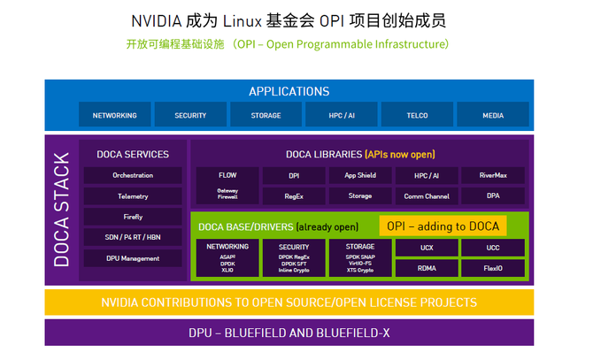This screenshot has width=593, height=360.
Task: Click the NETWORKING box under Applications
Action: pyautogui.click(x=114, y=115)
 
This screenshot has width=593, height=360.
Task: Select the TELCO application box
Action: pyautogui.click(x=417, y=115)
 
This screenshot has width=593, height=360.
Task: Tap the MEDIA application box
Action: pyautogui.click(x=493, y=115)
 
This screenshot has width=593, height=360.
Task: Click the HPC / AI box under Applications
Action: pyautogui.click(x=342, y=115)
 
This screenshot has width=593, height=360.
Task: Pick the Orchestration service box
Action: pyautogui.click(x=133, y=175)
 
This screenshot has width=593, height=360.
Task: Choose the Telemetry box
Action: pyautogui.click(x=133, y=196)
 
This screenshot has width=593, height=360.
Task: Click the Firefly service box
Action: pyautogui.click(x=133, y=217)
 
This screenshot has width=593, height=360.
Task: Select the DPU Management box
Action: pyautogui.click(x=133, y=258)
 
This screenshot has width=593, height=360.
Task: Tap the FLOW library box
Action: pyautogui.click(x=227, y=175)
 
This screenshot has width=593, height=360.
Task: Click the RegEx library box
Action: pyautogui.click(x=294, y=195)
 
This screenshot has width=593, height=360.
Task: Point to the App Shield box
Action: pyautogui.click(x=360, y=175)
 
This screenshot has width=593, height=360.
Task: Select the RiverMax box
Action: pyautogui.click(x=493, y=175)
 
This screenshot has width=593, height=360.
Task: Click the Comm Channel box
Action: pyautogui.click(x=427, y=195)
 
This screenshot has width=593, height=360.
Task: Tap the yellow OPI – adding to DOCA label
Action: pyautogui.click(x=443, y=226)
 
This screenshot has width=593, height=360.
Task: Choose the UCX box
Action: pyautogui.click(x=427, y=247)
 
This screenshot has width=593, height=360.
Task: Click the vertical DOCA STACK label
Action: pyautogui.click(x=60, y=209)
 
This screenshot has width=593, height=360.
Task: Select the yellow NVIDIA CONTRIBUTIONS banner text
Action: pyautogui.click(x=289, y=303)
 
